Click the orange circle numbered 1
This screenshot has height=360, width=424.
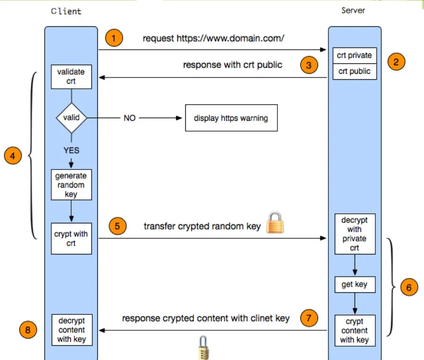[x=114, y=38]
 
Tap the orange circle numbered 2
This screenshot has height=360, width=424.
[x=396, y=62]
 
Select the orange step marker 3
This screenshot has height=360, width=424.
[x=309, y=66]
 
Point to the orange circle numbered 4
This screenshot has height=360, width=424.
[x=12, y=156]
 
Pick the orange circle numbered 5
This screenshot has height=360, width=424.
[x=117, y=226]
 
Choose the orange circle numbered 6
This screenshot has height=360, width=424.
[x=409, y=287]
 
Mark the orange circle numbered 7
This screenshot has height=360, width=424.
[x=309, y=319]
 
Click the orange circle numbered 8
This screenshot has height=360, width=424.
[x=28, y=331]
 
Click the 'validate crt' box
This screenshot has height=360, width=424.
[x=71, y=76]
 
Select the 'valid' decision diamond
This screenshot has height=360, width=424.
[x=71, y=117]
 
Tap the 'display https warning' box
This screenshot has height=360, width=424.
[x=231, y=118]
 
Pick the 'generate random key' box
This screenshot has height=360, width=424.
[x=71, y=185]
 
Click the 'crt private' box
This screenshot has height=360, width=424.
[x=355, y=56]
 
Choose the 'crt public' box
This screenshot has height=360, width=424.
[x=355, y=72]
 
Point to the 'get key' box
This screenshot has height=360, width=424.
[x=355, y=285]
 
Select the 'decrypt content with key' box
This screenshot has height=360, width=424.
[x=71, y=330]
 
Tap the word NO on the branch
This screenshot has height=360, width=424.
[x=130, y=118]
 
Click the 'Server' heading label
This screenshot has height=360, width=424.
[x=353, y=10]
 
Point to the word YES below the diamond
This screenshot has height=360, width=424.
[x=71, y=151]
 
